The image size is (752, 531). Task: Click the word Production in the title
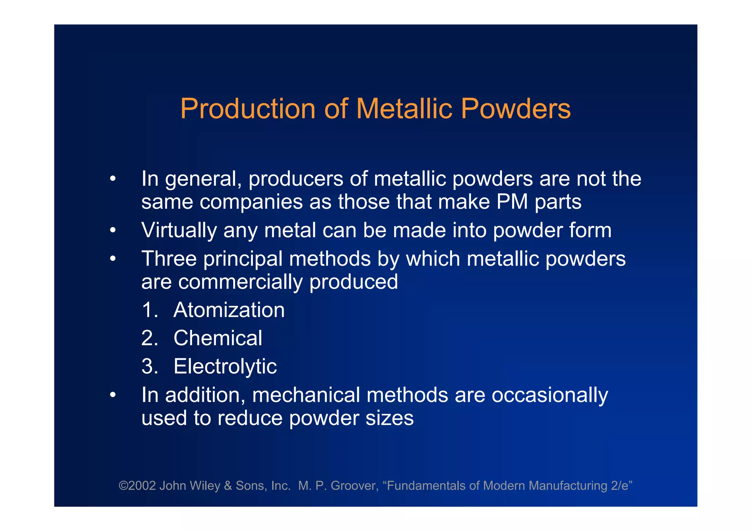click(x=248, y=109)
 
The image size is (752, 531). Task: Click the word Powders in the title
click(x=516, y=109)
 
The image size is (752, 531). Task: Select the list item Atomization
click(x=229, y=310)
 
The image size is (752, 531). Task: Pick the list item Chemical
click(x=218, y=338)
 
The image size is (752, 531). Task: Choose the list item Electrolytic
click(x=225, y=366)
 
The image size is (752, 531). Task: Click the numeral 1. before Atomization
click(x=149, y=310)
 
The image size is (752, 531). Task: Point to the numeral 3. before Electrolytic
click(x=149, y=366)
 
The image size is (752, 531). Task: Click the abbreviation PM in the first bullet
click(x=512, y=202)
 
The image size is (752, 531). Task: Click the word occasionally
click(x=550, y=395)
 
